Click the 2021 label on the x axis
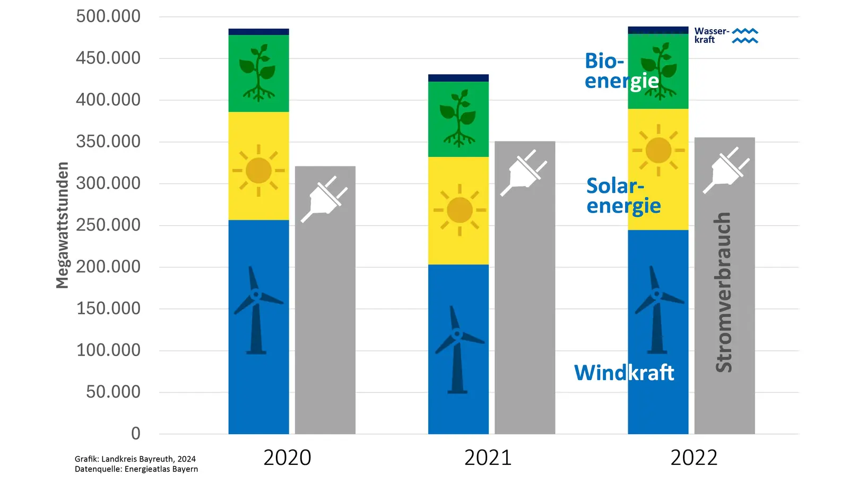(488, 457)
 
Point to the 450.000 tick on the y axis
(108, 58)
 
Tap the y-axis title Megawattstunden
(63, 225)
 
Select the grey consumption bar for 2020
(325, 318)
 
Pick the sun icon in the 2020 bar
(258, 170)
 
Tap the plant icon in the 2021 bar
(458, 118)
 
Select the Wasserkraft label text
(711, 36)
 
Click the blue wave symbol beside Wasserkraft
(745, 36)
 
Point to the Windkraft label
(623, 373)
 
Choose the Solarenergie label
(623, 196)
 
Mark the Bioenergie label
(621, 70)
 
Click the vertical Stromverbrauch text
(723, 292)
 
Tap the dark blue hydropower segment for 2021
(458, 78)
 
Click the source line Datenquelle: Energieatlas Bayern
(136, 469)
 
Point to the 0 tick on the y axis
(136, 434)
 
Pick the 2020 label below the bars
(287, 457)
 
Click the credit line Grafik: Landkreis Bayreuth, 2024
(135, 459)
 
